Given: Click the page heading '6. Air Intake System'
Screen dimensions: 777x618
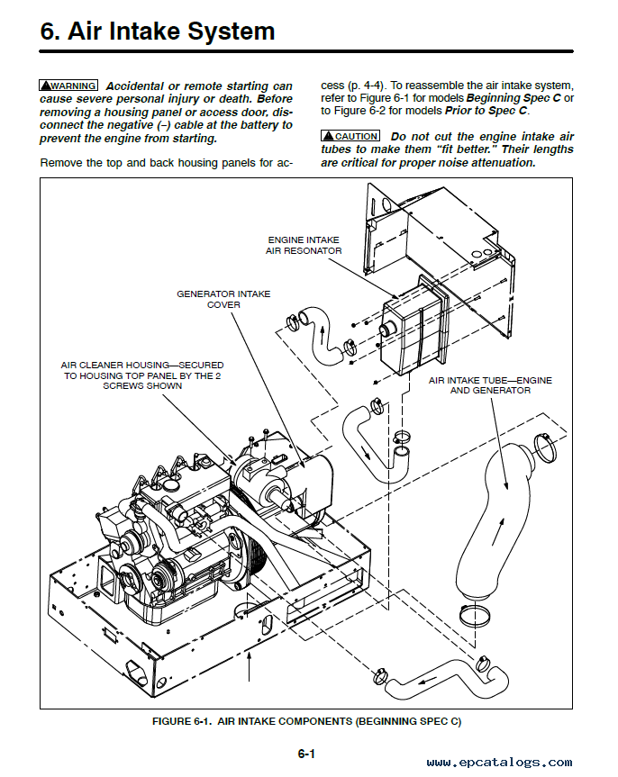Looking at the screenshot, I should (x=158, y=32).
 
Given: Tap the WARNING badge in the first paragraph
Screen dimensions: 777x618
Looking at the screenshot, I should (x=68, y=86).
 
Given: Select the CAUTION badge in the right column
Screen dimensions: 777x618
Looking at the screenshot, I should (x=350, y=136).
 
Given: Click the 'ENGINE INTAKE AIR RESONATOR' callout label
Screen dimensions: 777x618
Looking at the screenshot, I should (x=304, y=245).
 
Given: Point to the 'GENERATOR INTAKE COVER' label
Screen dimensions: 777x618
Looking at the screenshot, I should (x=223, y=299).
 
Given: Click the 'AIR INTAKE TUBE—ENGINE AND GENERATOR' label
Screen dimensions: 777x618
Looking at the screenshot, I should (x=489, y=385).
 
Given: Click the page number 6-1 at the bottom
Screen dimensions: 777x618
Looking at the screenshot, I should (x=307, y=753).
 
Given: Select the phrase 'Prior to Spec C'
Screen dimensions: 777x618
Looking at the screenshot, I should (x=487, y=111).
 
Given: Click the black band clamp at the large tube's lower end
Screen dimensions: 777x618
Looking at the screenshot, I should (x=477, y=618).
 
